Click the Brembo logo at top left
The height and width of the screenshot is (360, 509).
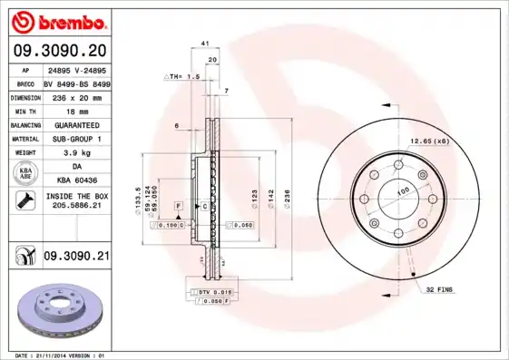56,19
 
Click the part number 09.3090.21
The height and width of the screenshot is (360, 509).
76,258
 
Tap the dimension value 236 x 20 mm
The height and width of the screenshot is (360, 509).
75,96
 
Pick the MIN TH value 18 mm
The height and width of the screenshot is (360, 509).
75,110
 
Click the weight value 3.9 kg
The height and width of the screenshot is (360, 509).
75,153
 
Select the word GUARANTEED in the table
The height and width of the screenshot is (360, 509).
75,124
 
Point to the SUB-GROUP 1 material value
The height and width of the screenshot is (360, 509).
75,139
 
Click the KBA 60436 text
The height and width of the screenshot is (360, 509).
75,181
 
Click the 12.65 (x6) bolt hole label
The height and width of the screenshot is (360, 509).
429,141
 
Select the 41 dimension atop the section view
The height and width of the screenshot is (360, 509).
205,44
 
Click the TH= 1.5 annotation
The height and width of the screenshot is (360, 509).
182,77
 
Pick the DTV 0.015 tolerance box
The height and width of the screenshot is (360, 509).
210,291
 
